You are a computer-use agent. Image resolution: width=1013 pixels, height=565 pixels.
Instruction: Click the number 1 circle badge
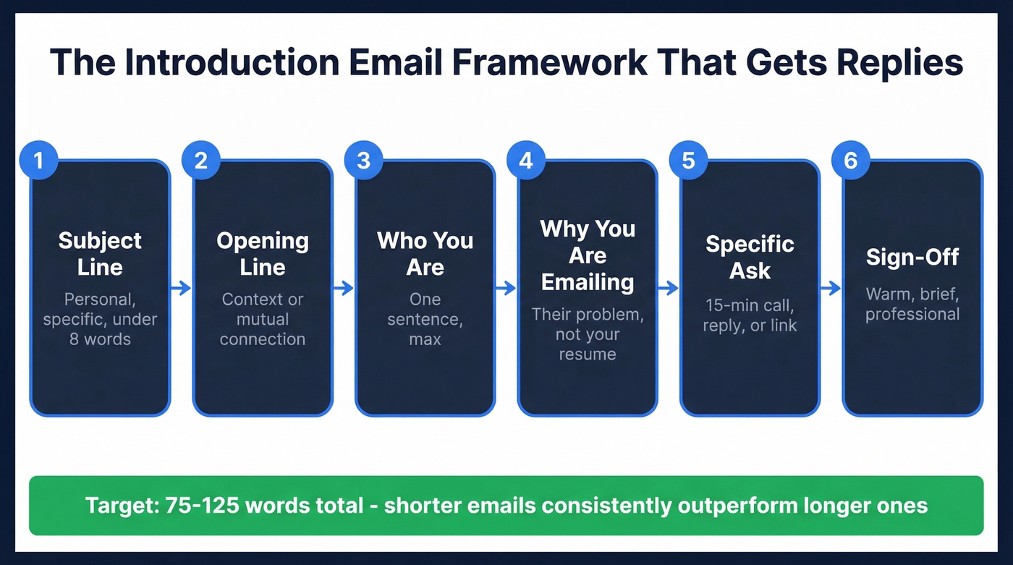tap(38, 160)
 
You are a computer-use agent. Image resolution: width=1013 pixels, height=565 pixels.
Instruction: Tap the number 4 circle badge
tap(526, 160)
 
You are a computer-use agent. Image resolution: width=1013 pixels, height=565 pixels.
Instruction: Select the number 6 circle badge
tap(851, 160)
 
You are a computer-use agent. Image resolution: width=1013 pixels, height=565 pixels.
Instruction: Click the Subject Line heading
tap(100, 253)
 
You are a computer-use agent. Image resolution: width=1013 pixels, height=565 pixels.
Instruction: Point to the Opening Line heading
tap(263, 253)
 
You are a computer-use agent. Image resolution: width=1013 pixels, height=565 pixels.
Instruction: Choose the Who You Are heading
tap(425, 253)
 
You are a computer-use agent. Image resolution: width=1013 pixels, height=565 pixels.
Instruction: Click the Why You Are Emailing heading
tap(588, 255)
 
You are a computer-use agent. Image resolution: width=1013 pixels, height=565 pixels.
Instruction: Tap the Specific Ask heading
tap(750, 257)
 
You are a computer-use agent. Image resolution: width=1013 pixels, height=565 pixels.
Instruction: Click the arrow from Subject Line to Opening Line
tap(181, 289)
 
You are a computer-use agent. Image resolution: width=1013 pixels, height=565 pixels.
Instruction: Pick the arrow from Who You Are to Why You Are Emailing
tap(506, 289)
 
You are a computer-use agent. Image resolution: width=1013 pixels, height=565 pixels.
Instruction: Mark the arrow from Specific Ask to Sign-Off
tap(831, 289)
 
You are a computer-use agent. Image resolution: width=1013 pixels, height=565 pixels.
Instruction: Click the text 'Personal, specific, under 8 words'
tap(100, 319)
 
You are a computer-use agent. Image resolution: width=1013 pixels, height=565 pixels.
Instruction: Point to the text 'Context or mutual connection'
tap(263, 319)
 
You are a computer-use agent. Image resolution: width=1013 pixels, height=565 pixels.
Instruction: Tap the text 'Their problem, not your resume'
tap(588, 334)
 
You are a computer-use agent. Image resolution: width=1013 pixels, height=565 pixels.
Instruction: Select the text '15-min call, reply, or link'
tap(750, 315)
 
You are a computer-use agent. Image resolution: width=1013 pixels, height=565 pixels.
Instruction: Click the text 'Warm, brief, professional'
tap(912, 305)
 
